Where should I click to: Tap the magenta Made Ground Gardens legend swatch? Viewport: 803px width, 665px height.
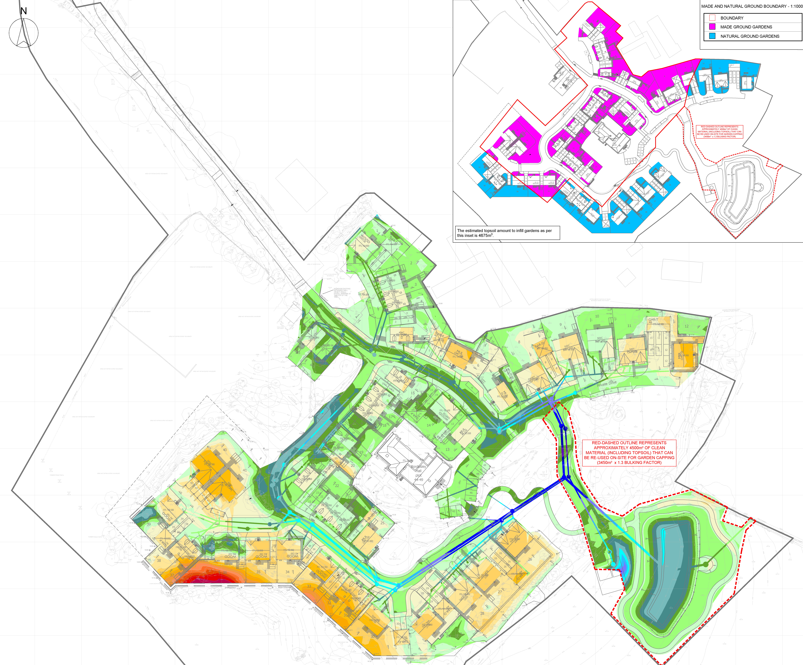(x=712, y=27)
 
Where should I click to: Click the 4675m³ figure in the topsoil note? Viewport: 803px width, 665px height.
(x=485, y=236)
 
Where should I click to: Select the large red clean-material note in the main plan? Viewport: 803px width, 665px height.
(x=629, y=453)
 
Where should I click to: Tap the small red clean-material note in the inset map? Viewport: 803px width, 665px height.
(x=719, y=132)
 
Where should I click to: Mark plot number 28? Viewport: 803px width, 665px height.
(x=482, y=613)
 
